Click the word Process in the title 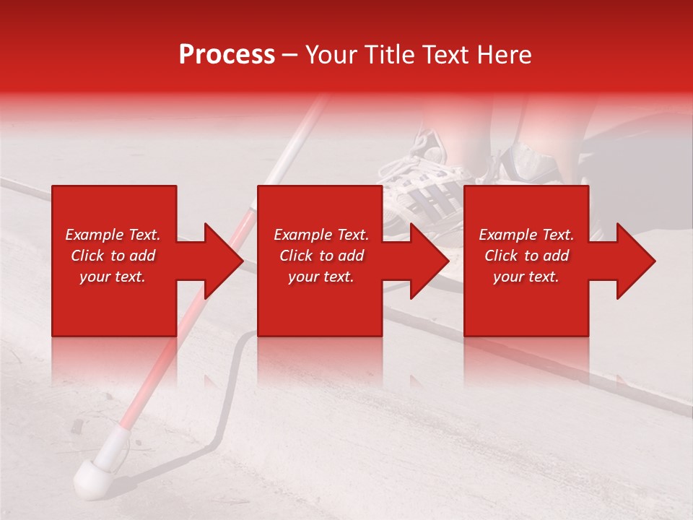click(x=227, y=55)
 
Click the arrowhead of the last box click(x=632, y=261)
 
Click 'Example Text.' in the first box click(x=113, y=235)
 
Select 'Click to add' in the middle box click(x=321, y=256)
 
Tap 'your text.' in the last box click(x=526, y=277)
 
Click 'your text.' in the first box click(x=113, y=277)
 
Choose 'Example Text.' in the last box click(x=526, y=235)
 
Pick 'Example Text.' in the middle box click(x=321, y=235)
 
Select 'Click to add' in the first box click(x=113, y=256)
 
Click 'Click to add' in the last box click(x=526, y=256)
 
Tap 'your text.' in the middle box click(x=321, y=277)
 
